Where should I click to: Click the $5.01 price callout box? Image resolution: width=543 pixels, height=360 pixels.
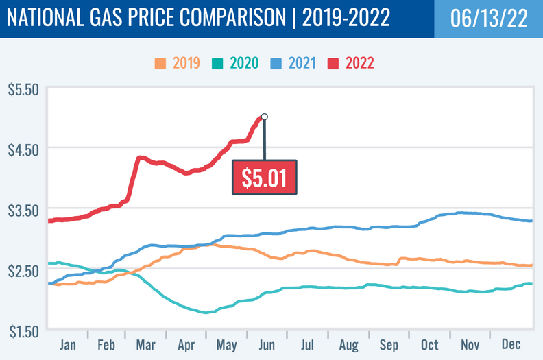pos(264,177)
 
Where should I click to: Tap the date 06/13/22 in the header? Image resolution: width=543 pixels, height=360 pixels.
pos(488,19)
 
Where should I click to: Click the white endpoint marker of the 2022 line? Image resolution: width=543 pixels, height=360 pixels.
pos(264,117)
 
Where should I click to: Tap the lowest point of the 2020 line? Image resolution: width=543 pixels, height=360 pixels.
pos(206,313)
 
